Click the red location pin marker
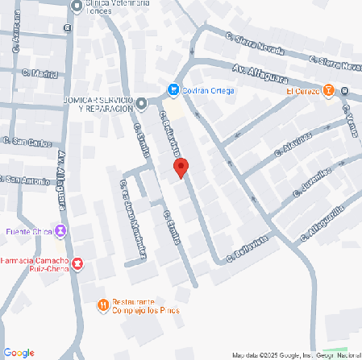tap(181, 168)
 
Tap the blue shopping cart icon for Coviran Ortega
tap(173, 89)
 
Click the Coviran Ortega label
tap(208, 90)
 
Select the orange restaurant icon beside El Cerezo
tap(328, 91)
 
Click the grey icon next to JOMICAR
tap(142, 102)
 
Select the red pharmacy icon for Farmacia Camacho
tap(77, 263)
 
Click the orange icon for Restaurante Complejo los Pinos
tap(103, 304)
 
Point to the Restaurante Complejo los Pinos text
tap(145, 306)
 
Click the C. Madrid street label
tap(44, 75)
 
